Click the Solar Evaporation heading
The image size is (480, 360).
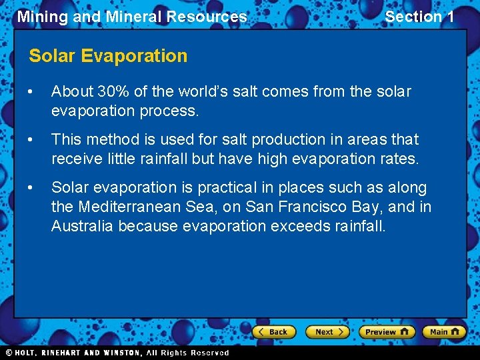coord(108,56)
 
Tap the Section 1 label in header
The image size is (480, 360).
coord(419,17)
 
